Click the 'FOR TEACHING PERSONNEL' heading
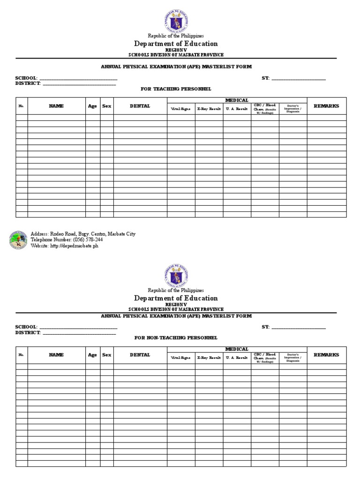click(176, 89)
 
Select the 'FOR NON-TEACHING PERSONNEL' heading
click(176, 337)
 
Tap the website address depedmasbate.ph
click(65, 246)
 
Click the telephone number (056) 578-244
click(67, 240)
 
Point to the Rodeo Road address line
click(83, 233)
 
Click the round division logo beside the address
click(18, 240)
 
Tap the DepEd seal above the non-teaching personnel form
click(176, 275)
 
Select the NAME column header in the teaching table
click(56, 106)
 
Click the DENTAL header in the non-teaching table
click(140, 355)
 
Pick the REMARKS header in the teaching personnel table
click(326, 106)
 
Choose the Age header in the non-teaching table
click(92, 355)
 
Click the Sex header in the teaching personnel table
click(107, 106)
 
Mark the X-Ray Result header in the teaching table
click(209, 108)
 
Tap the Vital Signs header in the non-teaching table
click(181, 358)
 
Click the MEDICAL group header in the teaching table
click(237, 100)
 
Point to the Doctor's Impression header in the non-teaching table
click(293, 358)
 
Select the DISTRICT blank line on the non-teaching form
click(79, 333)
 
